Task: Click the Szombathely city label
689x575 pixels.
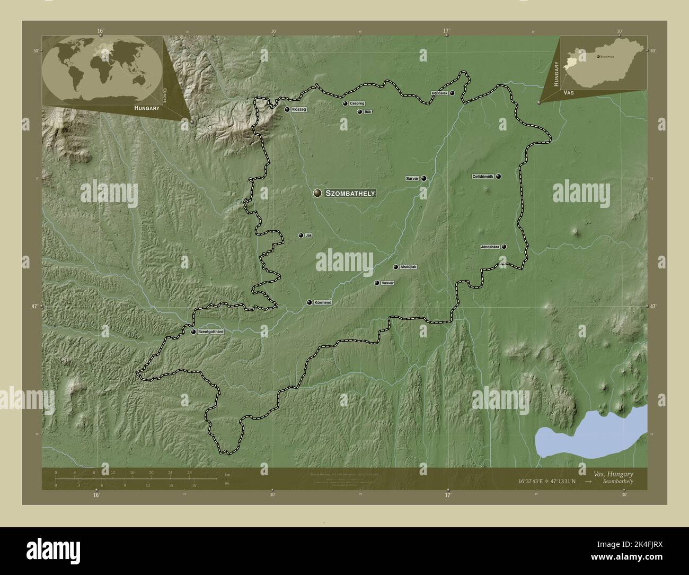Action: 350,194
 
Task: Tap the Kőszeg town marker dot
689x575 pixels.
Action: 287,110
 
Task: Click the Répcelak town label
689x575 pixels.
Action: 440,93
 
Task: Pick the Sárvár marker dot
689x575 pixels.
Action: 424,179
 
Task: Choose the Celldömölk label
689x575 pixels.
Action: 483,177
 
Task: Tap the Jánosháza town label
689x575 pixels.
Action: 490,247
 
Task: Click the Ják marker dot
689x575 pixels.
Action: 301,236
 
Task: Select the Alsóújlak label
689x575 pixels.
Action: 409,267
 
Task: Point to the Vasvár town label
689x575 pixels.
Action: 388,283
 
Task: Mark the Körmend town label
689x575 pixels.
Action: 323,302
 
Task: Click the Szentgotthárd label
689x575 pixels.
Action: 211,332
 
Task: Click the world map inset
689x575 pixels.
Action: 102,70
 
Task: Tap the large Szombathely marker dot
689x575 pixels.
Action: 317,194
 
